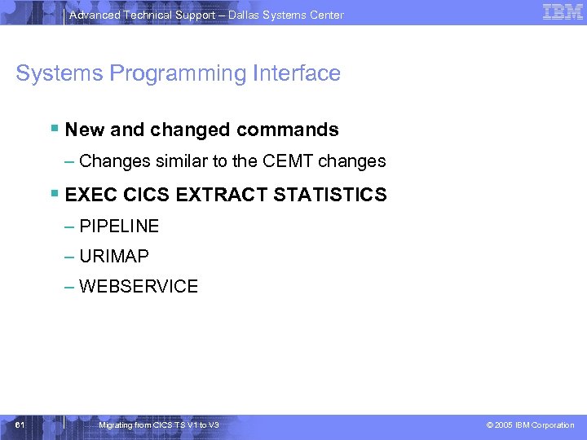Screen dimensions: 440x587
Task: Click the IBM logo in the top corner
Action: coord(562,12)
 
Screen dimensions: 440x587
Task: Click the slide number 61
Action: coord(20,425)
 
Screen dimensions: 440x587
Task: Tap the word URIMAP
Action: coord(114,256)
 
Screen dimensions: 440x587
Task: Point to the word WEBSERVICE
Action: coord(139,286)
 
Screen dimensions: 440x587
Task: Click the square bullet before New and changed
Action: coord(54,129)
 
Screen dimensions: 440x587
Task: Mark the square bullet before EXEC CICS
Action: coord(54,195)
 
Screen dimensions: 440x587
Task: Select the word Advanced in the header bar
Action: coord(93,15)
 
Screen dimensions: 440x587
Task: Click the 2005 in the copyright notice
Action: coord(505,425)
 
